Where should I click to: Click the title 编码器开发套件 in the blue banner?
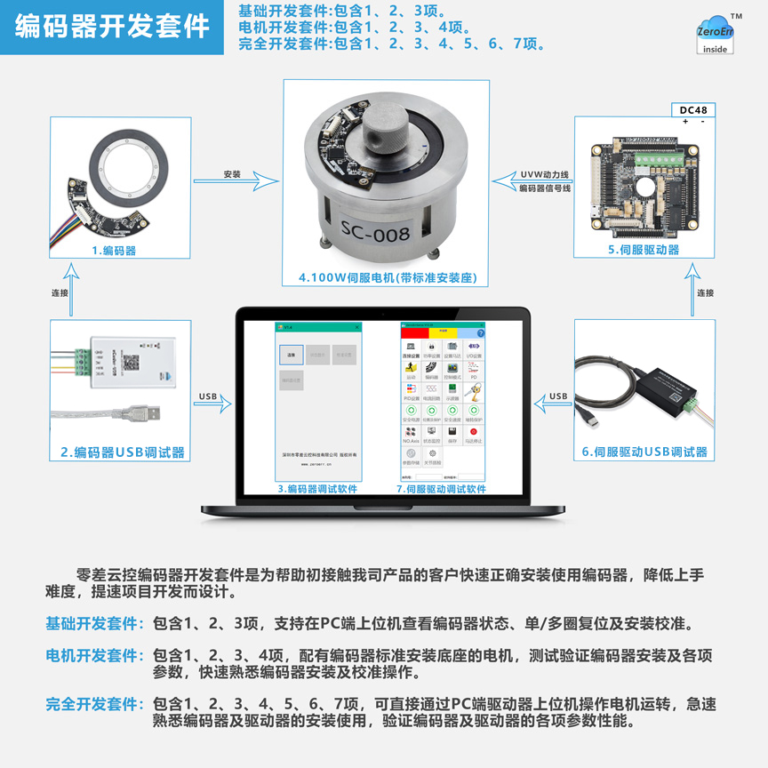pos(112,27)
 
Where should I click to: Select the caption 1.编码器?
pos(114,251)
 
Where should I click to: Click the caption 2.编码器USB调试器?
pos(123,452)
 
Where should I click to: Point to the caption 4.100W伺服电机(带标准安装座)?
pos(388,278)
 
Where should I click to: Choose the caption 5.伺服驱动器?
pos(644,250)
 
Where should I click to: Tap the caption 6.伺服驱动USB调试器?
pos(645,452)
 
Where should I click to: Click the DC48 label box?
pos(692,110)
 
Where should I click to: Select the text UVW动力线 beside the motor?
pos(545,174)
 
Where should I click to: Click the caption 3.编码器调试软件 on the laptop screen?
pos(317,489)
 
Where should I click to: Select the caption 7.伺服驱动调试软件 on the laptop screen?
pos(441,489)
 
